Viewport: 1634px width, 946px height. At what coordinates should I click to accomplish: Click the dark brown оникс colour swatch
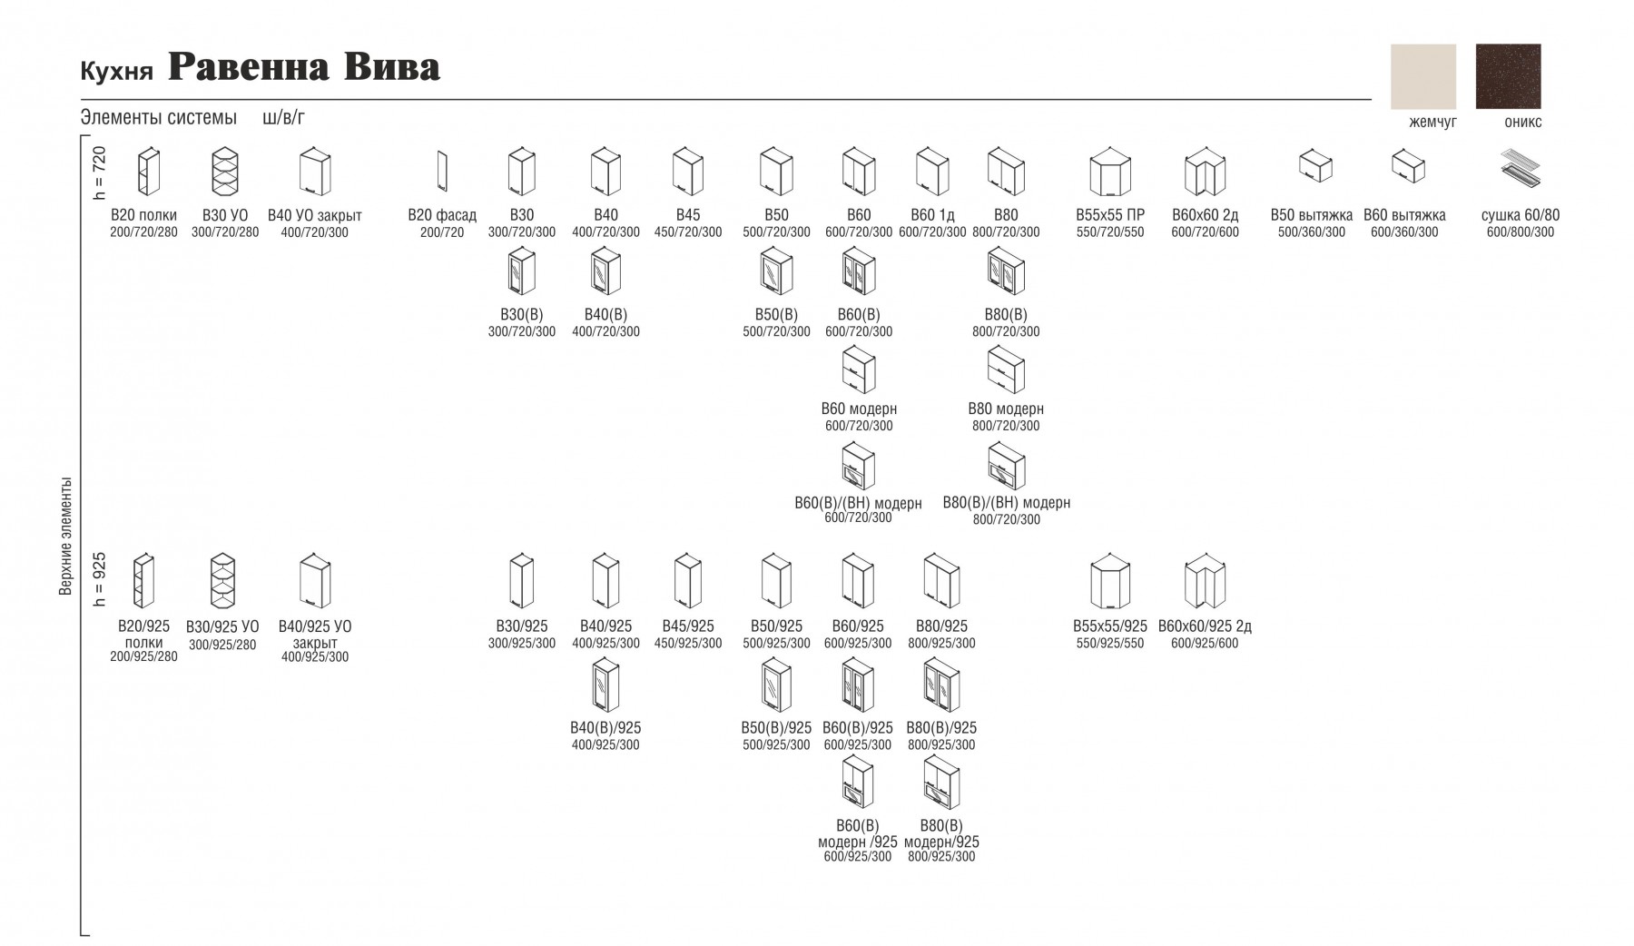click(x=1508, y=76)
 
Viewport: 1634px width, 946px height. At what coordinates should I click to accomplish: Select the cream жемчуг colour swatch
click(x=1423, y=76)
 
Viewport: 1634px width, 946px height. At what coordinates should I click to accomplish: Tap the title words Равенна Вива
click(x=304, y=67)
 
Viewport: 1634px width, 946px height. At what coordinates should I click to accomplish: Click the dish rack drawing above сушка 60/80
click(x=1520, y=169)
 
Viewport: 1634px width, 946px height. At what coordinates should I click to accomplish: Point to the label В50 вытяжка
click(x=1312, y=215)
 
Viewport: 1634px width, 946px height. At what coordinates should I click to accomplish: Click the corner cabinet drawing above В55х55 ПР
click(x=1109, y=172)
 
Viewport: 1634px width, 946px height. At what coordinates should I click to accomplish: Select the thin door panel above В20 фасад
click(x=442, y=172)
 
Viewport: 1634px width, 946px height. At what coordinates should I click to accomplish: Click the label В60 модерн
click(x=859, y=409)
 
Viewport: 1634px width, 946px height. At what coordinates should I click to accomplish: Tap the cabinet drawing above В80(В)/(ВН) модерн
click(x=1006, y=466)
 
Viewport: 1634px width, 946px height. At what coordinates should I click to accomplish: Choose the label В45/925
click(x=688, y=626)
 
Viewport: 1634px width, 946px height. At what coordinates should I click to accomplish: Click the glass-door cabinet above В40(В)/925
click(x=605, y=685)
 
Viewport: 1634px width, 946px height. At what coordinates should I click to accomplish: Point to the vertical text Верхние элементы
click(x=65, y=537)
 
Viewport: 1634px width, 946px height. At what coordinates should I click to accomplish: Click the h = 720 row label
click(x=100, y=172)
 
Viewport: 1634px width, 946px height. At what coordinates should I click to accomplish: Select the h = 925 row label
click(x=100, y=579)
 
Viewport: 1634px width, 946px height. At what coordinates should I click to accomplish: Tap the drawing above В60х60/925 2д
click(x=1206, y=580)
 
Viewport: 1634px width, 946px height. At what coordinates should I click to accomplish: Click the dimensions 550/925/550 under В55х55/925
click(x=1109, y=644)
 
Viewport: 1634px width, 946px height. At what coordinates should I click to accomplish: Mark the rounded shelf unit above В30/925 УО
click(x=222, y=581)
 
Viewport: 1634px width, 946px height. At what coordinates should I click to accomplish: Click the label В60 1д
click(x=932, y=215)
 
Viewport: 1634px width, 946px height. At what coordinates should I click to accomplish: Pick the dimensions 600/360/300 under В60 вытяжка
click(x=1404, y=232)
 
